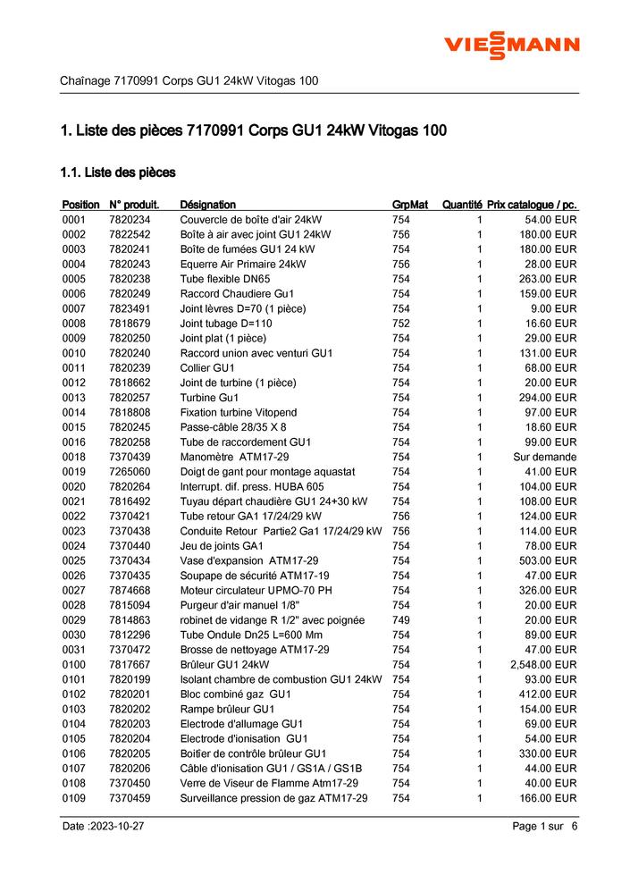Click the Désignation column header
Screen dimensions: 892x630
click(207, 205)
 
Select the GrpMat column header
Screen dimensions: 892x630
click(410, 205)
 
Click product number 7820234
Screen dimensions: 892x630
click(130, 220)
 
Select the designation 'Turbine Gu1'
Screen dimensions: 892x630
click(209, 398)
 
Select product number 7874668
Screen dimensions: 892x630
click(130, 590)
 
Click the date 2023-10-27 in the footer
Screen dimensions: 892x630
click(103, 827)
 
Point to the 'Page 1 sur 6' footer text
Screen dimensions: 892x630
click(545, 827)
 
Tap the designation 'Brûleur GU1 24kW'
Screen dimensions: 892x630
click(224, 664)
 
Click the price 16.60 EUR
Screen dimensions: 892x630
click(550, 324)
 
